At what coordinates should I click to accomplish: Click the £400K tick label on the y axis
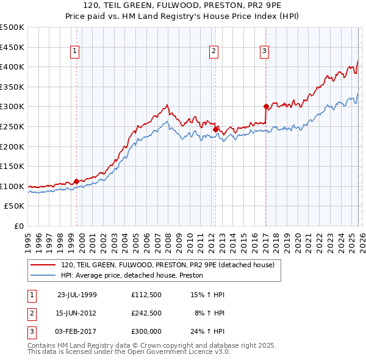12,67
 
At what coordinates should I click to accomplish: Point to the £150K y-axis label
12,167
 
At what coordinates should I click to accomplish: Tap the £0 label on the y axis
18,226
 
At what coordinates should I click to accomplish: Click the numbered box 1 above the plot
74,52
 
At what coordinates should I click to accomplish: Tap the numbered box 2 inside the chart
214,52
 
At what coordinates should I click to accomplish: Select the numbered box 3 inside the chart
265,52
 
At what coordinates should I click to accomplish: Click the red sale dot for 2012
215,129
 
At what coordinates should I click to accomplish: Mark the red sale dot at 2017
266,106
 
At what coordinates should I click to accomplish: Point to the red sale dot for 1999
76,181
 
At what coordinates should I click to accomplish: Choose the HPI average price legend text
132,276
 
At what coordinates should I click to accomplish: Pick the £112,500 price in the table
146,294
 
